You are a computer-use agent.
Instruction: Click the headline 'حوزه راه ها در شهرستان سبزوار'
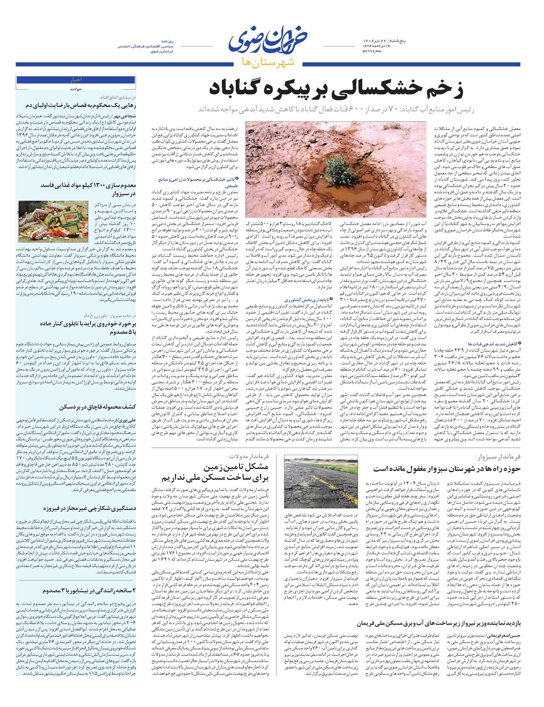[x=447, y=469]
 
